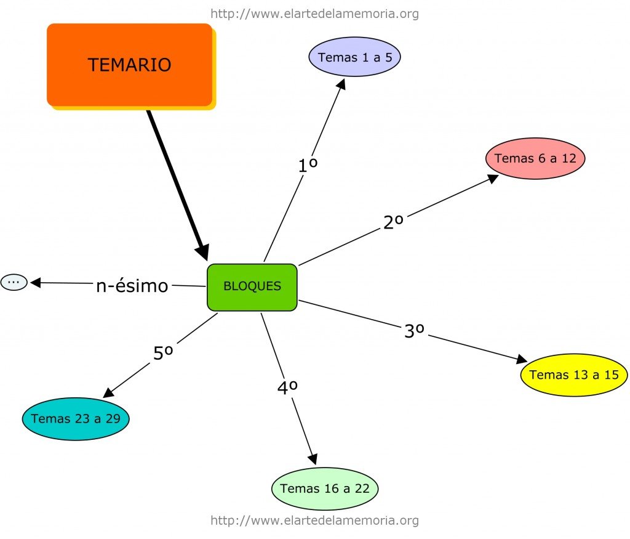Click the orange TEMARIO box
coord(129,65)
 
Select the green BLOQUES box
coord(252,286)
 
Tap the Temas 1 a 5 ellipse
coord(354,57)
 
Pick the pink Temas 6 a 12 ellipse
coord(535,158)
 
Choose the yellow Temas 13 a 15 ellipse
coord(574,375)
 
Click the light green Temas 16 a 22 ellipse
coord(325,488)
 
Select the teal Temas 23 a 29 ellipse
coord(76,419)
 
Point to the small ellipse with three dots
coord(14,282)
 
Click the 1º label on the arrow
coord(308,166)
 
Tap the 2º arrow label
coord(393,222)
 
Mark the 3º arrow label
coord(415,331)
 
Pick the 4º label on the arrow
coord(287,387)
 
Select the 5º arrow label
coord(162,353)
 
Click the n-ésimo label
coord(132,286)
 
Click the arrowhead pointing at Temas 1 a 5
coord(341,84)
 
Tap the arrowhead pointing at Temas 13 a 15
coord(522,359)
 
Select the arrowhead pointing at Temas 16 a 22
coord(313,459)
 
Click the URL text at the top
coord(314,14)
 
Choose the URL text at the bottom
coord(314,521)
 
